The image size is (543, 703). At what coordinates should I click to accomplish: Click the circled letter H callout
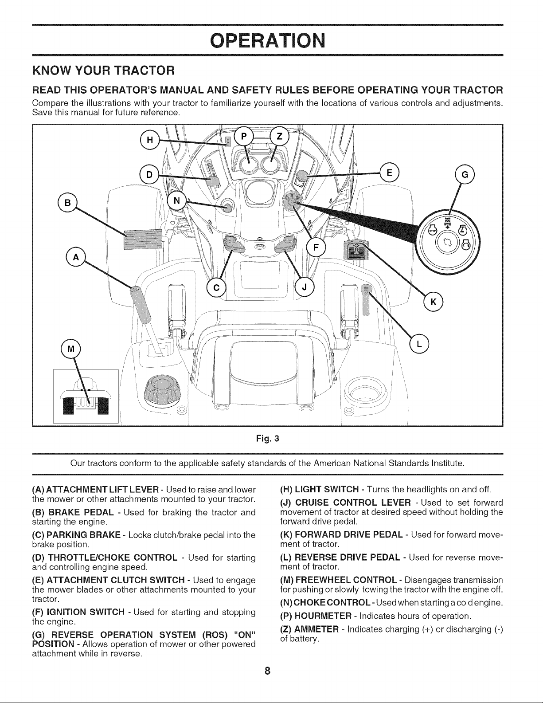click(x=150, y=140)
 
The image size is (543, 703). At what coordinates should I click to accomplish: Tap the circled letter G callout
click(x=465, y=175)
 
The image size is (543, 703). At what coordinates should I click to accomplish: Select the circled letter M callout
click(x=70, y=349)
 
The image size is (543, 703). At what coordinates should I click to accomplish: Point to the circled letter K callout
click(x=434, y=302)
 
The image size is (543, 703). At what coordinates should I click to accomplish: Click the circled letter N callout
click(x=176, y=200)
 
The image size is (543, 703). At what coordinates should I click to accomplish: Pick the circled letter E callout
click(x=390, y=173)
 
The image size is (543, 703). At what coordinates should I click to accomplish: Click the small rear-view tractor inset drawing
click(x=86, y=396)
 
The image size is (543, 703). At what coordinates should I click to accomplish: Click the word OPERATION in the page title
click(x=268, y=41)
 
